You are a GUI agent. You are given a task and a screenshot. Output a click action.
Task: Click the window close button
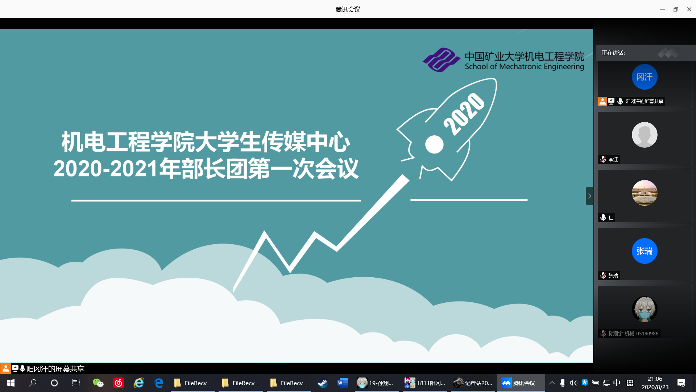point(689,9)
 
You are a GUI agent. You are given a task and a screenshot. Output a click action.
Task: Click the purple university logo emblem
point(442,60)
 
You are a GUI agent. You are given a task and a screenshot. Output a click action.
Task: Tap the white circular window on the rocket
point(434,144)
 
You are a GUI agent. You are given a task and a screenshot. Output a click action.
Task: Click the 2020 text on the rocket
point(464,114)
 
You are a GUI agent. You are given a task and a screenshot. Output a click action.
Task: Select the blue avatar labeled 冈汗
point(645,77)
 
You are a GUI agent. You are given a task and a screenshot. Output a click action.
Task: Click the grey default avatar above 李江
point(645,135)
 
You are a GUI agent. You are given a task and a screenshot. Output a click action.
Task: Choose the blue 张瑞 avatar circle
point(645,251)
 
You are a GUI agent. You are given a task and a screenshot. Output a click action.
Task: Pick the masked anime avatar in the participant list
point(645,309)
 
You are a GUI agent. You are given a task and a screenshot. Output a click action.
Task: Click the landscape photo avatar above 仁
point(645,193)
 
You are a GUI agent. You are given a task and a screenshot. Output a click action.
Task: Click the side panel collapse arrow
point(589,196)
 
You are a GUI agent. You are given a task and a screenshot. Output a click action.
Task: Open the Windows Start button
point(11,383)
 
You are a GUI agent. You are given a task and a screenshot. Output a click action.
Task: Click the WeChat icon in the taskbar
point(98,383)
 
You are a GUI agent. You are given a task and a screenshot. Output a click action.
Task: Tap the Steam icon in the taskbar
point(322,383)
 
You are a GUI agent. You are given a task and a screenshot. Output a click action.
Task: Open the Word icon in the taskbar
point(343,383)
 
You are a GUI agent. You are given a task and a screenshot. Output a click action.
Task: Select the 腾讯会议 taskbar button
point(521,383)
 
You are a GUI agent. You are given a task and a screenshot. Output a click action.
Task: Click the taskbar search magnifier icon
point(33,383)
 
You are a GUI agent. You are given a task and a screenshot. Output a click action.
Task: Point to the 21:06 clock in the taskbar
point(655,379)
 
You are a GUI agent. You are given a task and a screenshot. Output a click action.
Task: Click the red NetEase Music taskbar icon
point(119,383)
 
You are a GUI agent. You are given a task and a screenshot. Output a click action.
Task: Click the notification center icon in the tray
point(681,383)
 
